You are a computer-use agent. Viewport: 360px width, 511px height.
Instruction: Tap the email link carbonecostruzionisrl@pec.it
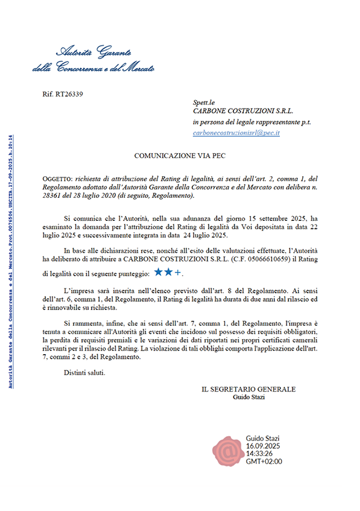pyautogui.click(x=236, y=132)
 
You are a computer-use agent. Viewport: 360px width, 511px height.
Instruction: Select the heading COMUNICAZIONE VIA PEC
pyautogui.click(x=180, y=155)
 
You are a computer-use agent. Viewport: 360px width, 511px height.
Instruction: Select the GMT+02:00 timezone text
pyautogui.click(x=264, y=462)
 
